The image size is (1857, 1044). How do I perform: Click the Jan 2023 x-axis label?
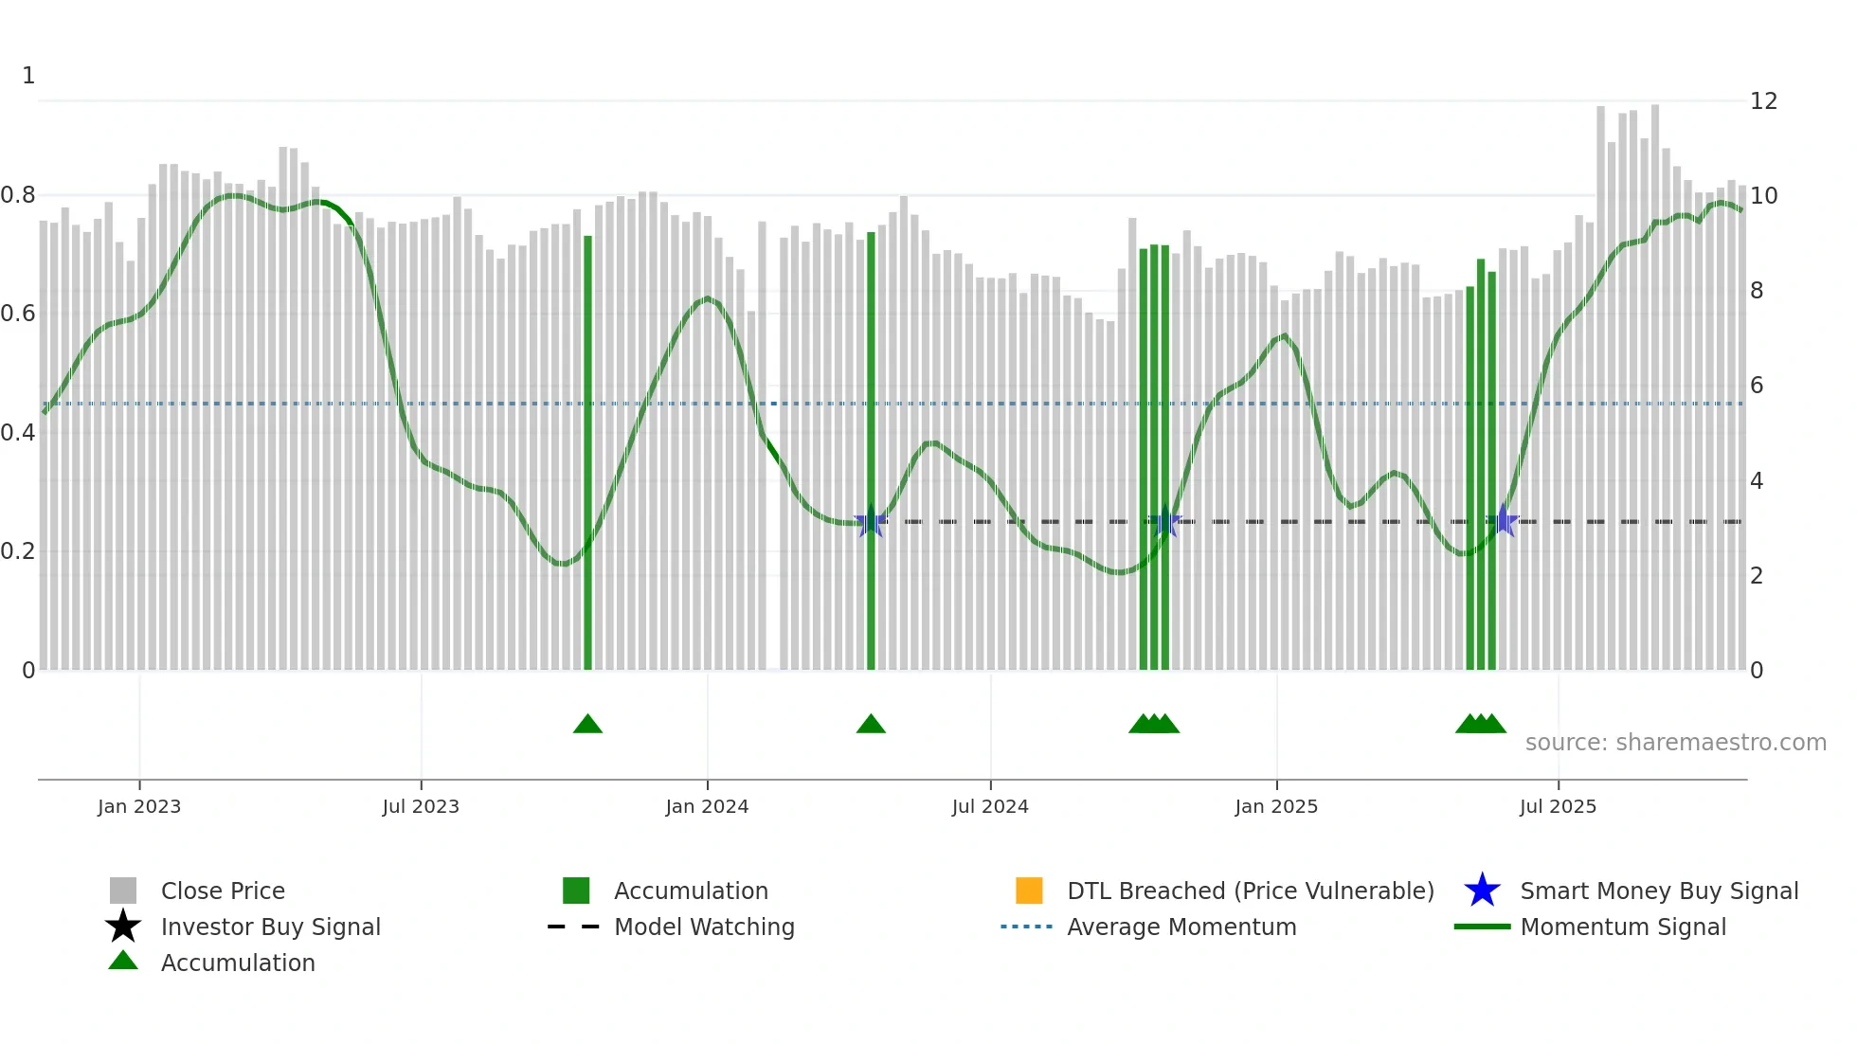coord(138,806)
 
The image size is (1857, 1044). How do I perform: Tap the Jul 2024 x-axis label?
coord(990,806)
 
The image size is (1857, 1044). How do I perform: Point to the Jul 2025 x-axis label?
coord(1558,806)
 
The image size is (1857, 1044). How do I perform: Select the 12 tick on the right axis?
coord(1763,101)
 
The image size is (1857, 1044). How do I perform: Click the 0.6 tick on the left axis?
coord(18,314)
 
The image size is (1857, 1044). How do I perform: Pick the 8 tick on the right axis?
coord(1757,291)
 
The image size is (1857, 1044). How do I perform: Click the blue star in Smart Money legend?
coord(1482,891)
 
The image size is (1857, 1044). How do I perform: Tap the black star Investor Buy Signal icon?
coord(123,927)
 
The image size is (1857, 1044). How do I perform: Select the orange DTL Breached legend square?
coord(1029,891)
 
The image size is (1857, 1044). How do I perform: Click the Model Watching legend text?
coord(704,927)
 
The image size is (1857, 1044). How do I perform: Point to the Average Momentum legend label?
coord(1181,927)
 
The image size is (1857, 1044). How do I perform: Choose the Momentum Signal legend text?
coord(1623,927)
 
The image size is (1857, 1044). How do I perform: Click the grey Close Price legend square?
coord(123,891)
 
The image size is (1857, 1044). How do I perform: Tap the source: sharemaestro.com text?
coord(1675,742)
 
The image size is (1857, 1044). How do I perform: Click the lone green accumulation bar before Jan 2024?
coord(587,455)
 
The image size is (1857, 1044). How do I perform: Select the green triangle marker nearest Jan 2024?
coord(587,725)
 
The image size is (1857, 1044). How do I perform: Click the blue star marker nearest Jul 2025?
coord(1503,521)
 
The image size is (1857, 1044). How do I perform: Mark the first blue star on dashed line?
coord(871,521)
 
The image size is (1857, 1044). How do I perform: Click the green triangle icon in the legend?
coord(123,961)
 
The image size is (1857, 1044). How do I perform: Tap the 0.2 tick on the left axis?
coord(18,551)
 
